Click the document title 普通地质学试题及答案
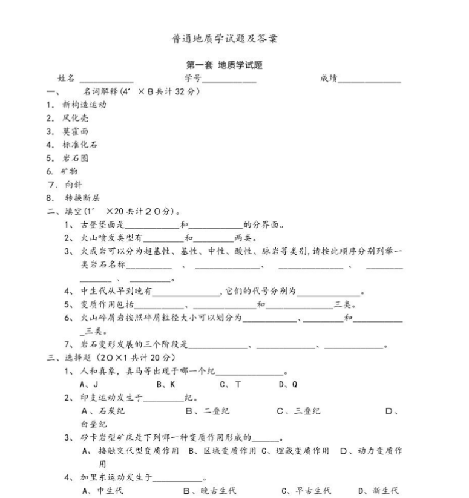coord(225,39)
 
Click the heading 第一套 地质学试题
coord(225,65)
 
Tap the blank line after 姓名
coord(107,80)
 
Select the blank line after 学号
coord(229,80)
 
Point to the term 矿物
coord(70,171)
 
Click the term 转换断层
coord(82,198)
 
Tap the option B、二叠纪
coord(208,411)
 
